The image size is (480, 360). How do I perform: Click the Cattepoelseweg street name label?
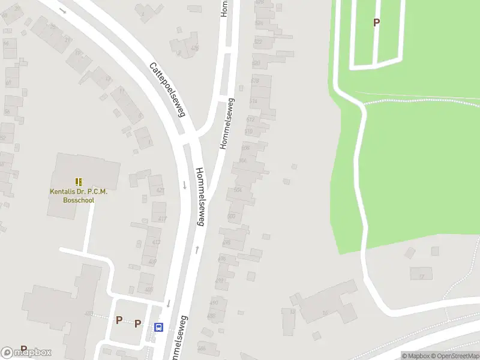tap(168, 89)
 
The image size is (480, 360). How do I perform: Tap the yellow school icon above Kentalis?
tap(79, 181)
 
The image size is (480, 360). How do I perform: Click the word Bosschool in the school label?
tap(78, 200)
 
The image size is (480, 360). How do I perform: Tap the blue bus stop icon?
tap(159, 327)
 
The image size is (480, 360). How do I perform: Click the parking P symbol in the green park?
tap(376, 23)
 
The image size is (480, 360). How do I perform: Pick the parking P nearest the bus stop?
tap(137, 323)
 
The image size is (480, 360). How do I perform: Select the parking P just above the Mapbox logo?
tap(24, 349)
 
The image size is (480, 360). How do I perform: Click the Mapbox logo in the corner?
tap(26, 352)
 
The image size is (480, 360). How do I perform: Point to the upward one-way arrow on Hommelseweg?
tap(196, 249)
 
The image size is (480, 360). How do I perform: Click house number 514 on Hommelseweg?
tap(253, 101)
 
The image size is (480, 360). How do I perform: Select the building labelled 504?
tap(238, 190)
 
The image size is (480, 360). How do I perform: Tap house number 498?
tap(227, 243)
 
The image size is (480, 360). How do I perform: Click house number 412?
tap(156, 242)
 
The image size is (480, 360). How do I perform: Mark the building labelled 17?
tap(421, 276)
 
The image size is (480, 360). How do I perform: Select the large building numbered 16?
tap(324, 312)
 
